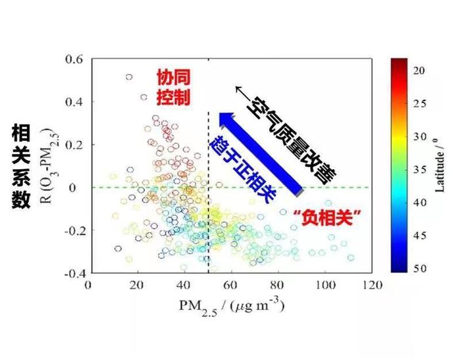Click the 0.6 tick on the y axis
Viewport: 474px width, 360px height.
click(73, 59)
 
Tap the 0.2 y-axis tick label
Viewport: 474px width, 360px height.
click(73, 145)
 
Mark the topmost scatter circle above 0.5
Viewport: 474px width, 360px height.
click(129, 77)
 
